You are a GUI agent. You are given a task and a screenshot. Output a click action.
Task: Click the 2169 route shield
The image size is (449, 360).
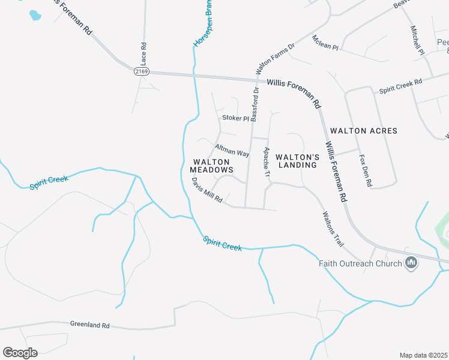point(141,71)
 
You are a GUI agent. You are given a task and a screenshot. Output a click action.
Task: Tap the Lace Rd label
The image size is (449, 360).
point(143,54)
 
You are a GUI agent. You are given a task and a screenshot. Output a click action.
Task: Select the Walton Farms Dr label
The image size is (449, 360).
point(275,58)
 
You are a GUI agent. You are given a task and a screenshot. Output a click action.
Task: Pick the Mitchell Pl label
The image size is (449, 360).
point(418,41)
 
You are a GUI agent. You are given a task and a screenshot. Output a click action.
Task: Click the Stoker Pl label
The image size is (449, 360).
point(235,118)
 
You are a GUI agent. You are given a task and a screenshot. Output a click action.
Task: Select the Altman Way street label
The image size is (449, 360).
point(232,150)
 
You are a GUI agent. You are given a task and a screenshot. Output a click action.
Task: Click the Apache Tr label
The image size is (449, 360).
point(267,164)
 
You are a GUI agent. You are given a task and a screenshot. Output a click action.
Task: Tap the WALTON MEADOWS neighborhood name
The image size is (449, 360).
point(212,166)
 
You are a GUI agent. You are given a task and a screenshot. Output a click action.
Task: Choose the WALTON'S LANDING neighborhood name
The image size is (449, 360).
point(297,161)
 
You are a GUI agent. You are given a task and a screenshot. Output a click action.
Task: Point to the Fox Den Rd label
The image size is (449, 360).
point(366,171)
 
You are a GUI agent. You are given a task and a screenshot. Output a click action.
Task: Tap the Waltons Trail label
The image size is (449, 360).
point(333,229)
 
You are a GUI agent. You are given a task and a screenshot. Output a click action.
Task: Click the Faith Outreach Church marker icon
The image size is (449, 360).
point(411,263)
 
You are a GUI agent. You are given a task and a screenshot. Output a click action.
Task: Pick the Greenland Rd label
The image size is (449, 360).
point(89,325)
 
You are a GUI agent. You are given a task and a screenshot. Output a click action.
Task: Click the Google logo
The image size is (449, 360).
point(20,353)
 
